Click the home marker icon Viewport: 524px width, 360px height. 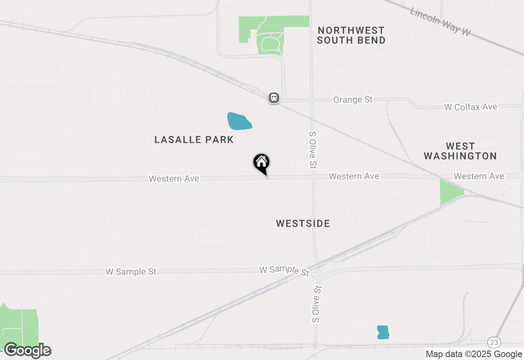261,163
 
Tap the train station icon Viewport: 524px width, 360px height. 274,98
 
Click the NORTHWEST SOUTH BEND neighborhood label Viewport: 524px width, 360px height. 351,35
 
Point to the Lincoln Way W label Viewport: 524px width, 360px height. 440,21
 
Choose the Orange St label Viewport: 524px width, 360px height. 353,99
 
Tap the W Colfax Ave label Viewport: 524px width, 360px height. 471,107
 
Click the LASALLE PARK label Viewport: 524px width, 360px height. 194,139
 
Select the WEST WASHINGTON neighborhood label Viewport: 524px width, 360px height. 460,151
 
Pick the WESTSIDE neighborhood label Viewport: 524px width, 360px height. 303,223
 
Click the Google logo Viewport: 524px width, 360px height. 27,350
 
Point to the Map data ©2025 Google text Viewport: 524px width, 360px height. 474,354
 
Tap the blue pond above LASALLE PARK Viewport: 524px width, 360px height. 239,121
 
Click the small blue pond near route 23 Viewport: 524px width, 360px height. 383,332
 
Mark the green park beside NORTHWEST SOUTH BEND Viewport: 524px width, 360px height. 270,35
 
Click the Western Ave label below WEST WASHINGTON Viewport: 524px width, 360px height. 479,176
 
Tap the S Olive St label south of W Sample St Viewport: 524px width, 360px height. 316,304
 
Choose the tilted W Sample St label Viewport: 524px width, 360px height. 284,271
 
